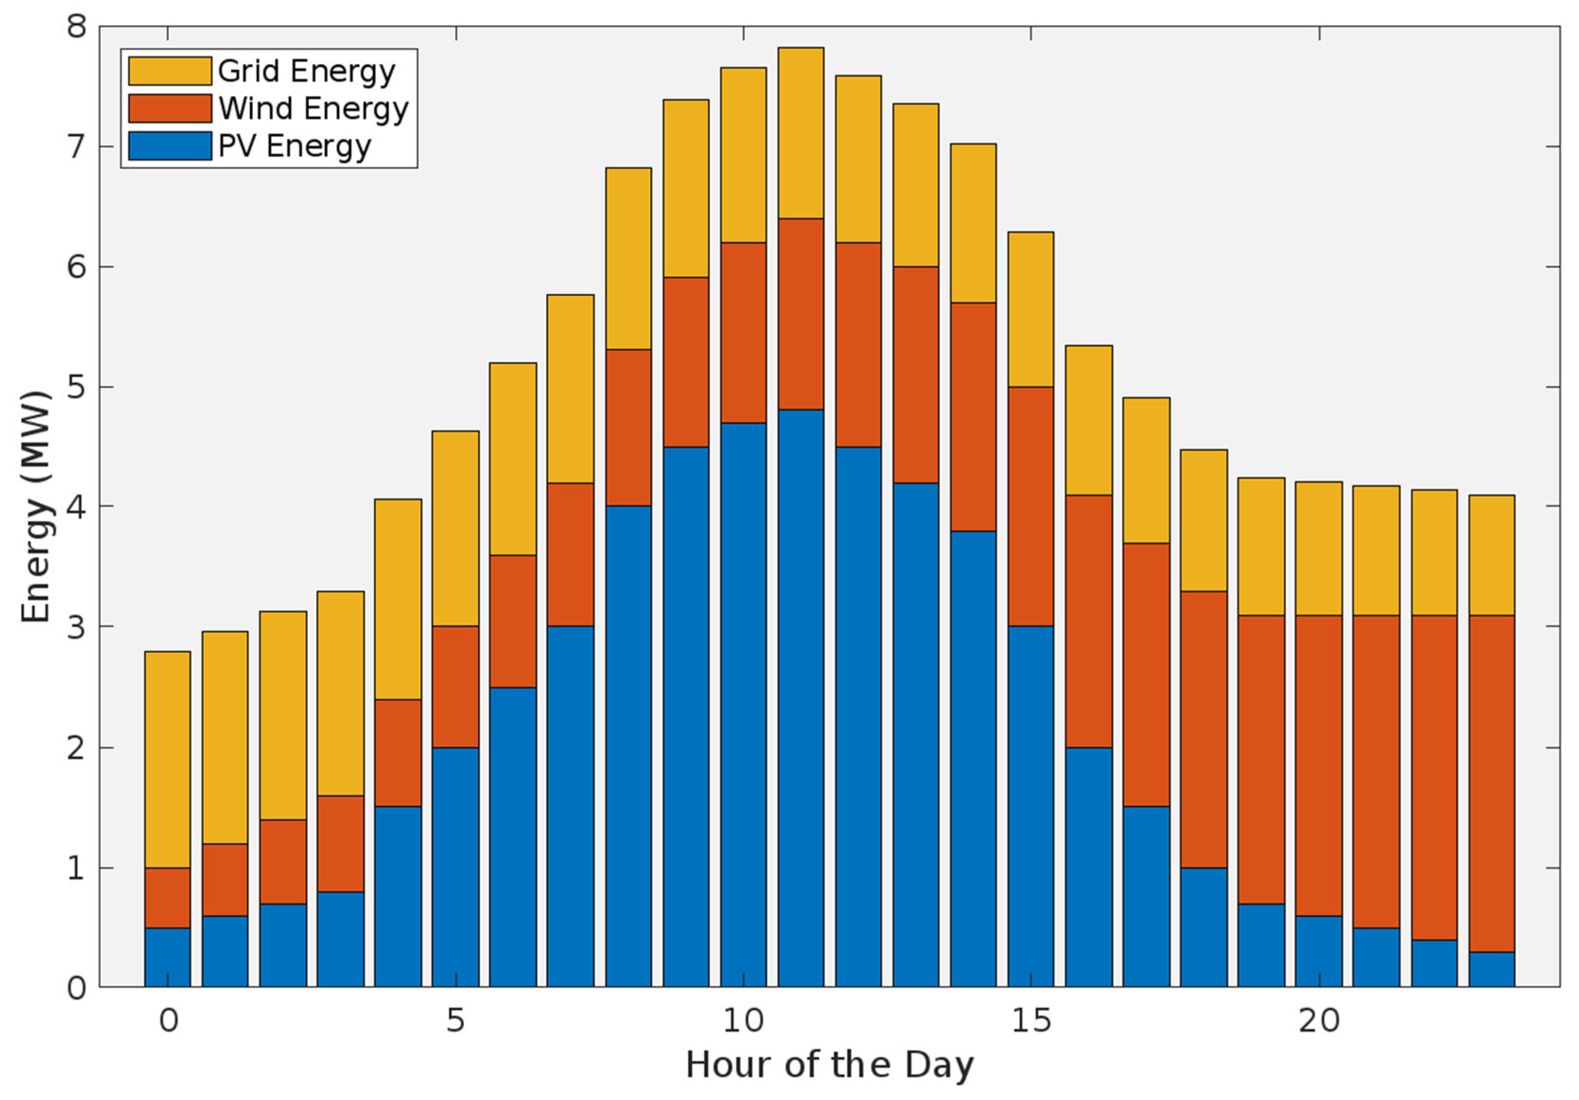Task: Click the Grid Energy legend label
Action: pyautogui.click(x=306, y=71)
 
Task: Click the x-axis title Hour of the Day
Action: pyautogui.click(x=829, y=1065)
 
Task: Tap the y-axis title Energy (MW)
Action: pyautogui.click(x=36, y=507)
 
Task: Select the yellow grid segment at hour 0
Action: pyautogui.click(x=168, y=759)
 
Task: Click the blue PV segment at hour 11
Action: pyautogui.click(x=801, y=698)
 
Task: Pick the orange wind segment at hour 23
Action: pyautogui.click(x=1492, y=783)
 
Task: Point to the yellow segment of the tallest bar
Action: pyautogui.click(x=801, y=133)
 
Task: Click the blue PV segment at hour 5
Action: pyautogui.click(x=455, y=867)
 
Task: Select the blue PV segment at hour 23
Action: pyautogui.click(x=1492, y=970)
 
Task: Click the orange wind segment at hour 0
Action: pyautogui.click(x=168, y=897)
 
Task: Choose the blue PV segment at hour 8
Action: pyautogui.click(x=628, y=746)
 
